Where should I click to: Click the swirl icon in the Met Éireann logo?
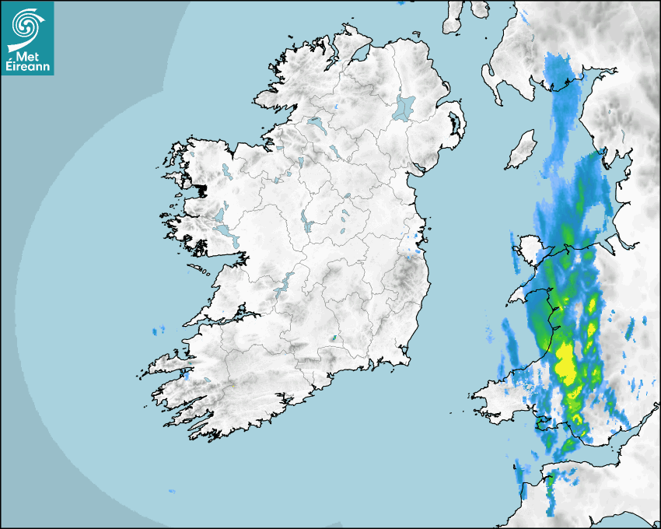(x=27, y=24)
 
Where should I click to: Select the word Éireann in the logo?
(x=27, y=67)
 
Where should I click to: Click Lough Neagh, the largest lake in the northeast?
(x=404, y=107)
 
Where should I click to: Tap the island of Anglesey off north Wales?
(x=526, y=249)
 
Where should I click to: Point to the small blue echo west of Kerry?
(x=159, y=331)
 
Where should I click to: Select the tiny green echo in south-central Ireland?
(x=334, y=338)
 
